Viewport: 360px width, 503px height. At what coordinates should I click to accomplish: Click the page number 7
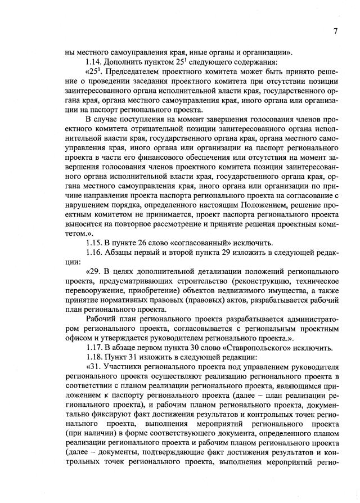tap(335, 31)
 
